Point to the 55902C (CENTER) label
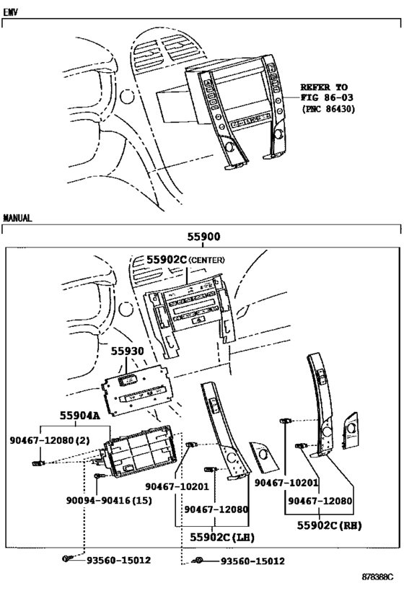point(185,260)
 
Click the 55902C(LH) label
point(222,537)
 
